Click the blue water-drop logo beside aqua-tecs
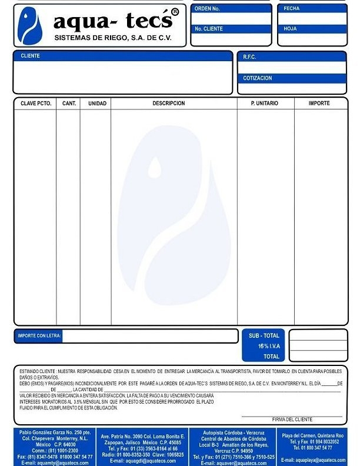click(x=29, y=26)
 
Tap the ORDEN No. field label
click(x=207, y=9)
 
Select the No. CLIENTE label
click(x=209, y=28)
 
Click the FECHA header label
click(x=292, y=9)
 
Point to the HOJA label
click(x=290, y=28)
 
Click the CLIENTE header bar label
click(x=31, y=56)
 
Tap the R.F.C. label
click(x=249, y=57)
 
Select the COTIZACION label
click(x=258, y=78)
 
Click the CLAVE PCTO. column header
click(x=36, y=103)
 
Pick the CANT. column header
click(x=69, y=103)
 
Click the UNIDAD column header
click(x=97, y=103)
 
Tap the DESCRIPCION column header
click(x=169, y=103)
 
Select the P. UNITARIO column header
click(x=265, y=103)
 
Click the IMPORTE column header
click(x=319, y=103)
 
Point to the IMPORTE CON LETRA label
click(x=39, y=336)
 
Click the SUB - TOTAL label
click(x=264, y=335)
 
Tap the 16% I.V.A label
click(x=269, y=346)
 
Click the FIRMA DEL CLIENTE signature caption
click(x=292, y=419)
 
